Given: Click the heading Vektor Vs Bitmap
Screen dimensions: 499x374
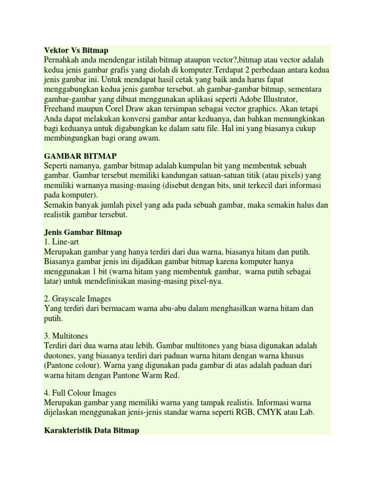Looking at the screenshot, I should point(76,50).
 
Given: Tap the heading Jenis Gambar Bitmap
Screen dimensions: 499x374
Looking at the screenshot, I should point(83,232).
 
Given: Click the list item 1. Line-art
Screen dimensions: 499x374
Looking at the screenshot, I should point(62,242).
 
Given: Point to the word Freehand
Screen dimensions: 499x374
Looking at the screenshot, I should point(61,109).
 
